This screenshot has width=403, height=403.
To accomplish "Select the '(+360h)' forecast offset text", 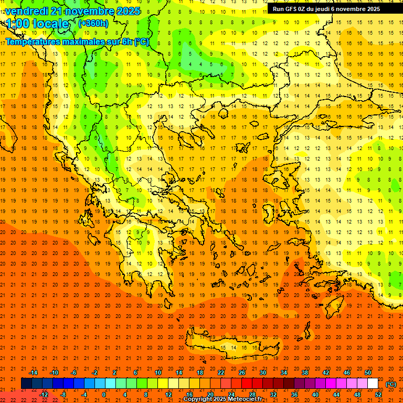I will click(x=93, y=23).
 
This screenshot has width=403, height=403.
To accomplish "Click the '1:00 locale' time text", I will click(x=37, y=24).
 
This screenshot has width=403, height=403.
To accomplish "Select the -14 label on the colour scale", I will click(x=33, y=373).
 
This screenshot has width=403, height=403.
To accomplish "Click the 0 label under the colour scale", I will click(x=103, y=394).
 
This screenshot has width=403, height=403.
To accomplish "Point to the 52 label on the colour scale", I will click(x=378, y=394).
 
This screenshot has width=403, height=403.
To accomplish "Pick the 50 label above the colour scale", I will click(x=368, y=373).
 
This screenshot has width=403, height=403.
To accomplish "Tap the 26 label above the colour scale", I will click(x=242, y=373).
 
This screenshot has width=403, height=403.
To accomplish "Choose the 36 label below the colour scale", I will click(x=294, y=394).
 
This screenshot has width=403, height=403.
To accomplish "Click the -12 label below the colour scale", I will click(x=44, y=394).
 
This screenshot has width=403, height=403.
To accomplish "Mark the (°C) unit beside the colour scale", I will click(x=391, y=384).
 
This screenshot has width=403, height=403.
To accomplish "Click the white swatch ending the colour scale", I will click(x=373, y=384).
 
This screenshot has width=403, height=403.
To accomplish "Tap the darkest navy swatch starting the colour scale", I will click(x=26, y=384).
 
